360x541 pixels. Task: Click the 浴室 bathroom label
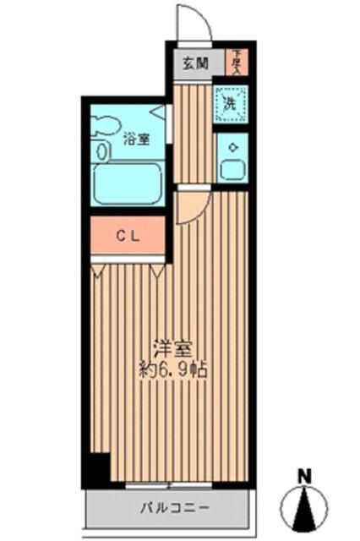tap(137, 139)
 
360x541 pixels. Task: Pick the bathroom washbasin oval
tap(102, 152)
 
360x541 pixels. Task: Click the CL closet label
tap(128, 238)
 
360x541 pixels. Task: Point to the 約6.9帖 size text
tap(174, 369)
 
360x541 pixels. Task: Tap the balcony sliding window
tap(168, 485)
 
